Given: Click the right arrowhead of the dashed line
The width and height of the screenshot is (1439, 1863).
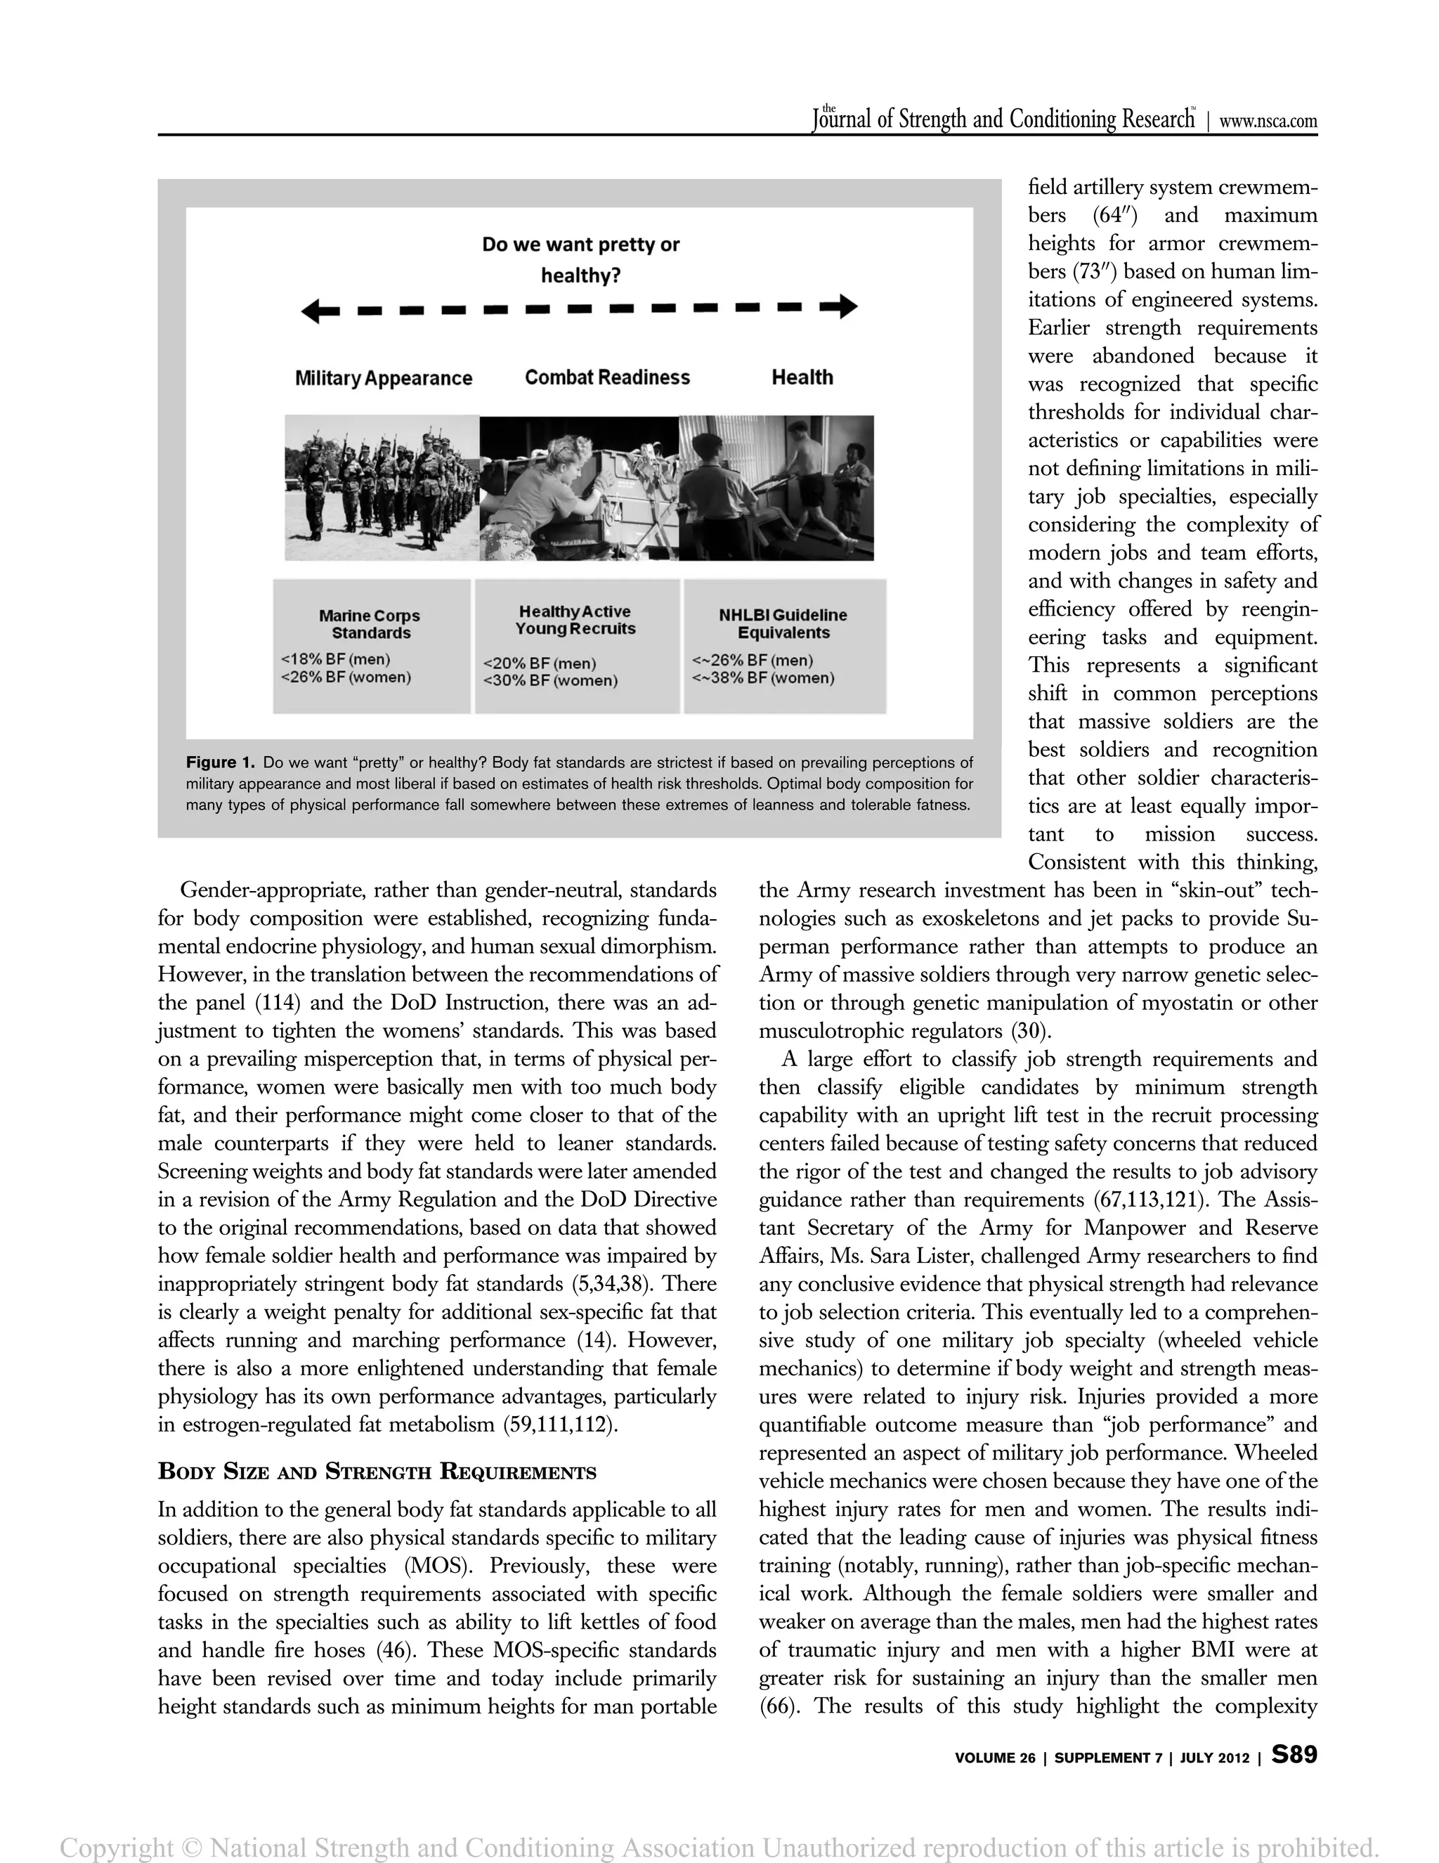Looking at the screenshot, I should pyautogui.click(x=846, y=306).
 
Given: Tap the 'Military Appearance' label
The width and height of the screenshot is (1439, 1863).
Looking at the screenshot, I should pyautogui.click(x=383, y=378).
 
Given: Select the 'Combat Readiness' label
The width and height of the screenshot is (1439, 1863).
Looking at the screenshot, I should pyautogui.click(x=606, y=377).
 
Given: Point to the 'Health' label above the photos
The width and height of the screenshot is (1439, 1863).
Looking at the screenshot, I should pyautogui.click(x=802, y=377).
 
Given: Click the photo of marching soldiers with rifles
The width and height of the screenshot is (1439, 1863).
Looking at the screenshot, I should pyautogui.click(x=382, y=487).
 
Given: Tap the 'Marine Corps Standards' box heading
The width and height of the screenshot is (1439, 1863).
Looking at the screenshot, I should pyautogui.click(x=370, y=623).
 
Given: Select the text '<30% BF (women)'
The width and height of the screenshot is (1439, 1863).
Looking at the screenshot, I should pyautogui.click(x=550, y=681).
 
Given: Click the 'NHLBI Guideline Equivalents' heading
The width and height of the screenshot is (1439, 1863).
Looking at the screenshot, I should pyautogui.click(x=782, y=623).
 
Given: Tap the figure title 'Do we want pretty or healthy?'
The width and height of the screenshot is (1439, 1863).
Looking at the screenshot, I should pyautogui.click(x=580, y=259).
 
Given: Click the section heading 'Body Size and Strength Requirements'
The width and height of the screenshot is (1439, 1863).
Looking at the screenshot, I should pyautogui.click(x=377, y=1472).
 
